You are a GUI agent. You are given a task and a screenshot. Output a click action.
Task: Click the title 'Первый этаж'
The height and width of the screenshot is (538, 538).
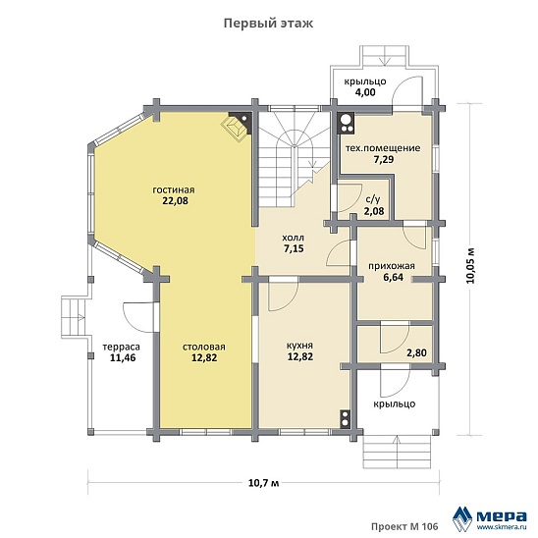point(268,24)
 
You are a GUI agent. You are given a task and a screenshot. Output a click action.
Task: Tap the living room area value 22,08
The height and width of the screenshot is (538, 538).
point(176,200)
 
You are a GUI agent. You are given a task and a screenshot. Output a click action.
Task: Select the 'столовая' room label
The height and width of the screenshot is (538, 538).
point(204,347)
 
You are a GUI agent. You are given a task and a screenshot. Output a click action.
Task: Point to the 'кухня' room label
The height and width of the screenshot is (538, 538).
point(300,346)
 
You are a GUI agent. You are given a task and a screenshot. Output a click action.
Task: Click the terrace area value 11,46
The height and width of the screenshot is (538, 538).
point(123,358)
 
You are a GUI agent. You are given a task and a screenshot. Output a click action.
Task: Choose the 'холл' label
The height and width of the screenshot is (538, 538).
point(293,238)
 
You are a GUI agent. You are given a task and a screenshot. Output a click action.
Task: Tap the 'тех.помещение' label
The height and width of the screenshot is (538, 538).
point(383,148)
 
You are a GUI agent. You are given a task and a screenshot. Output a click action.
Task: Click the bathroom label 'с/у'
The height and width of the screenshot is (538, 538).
point(373,199)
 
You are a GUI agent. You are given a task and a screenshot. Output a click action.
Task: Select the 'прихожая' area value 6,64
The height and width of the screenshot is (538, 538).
point(394,277)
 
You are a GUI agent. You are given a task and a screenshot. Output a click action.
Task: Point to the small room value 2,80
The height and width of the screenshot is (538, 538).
point(416,352)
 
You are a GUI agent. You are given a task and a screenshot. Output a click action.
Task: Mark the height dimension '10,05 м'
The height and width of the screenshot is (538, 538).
point(471,265)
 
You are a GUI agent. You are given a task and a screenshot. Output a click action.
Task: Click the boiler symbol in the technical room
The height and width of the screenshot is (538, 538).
point(347,123)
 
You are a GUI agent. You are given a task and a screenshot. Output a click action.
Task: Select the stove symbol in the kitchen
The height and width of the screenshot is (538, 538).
point(345,419)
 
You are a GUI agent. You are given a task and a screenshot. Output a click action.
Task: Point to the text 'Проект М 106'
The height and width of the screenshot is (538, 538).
point(404,526)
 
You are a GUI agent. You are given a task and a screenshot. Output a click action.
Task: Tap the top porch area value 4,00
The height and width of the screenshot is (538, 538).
point(365,92)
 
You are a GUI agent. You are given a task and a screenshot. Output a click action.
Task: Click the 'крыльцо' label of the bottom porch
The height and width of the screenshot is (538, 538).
point(395,403)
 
